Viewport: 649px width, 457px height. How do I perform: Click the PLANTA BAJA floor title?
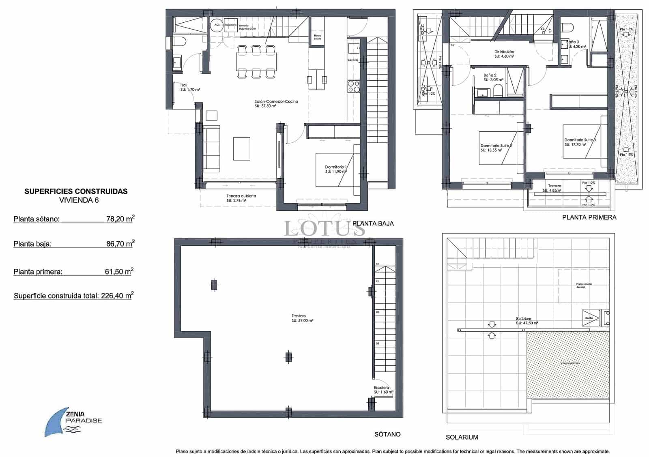373,223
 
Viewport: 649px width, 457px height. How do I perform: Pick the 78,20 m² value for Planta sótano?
120,219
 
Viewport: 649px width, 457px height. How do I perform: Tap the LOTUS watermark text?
324,229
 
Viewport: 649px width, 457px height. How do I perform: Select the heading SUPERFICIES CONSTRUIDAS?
76,191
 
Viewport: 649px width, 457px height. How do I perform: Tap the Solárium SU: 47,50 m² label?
527,321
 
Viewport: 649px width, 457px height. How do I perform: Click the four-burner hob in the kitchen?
353,87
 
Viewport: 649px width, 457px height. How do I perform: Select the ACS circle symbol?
217,25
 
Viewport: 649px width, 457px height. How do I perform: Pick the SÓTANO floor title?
387,434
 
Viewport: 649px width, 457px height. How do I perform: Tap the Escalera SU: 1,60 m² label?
383,390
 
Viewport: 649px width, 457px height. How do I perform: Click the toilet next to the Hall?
178,41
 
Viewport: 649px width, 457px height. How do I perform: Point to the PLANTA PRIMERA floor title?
589,217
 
